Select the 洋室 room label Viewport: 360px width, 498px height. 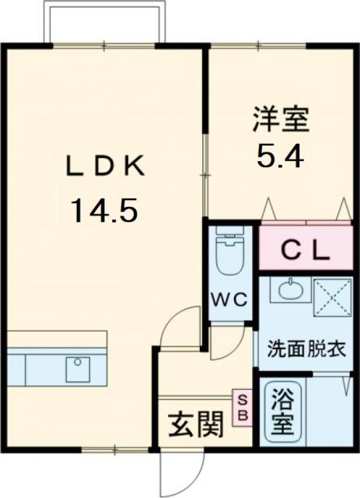(x=281, y=121)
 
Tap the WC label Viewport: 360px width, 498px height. (x=230, y=300)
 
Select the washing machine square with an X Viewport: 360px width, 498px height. (x=332, y=296)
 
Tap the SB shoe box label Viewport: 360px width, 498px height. (x=242, y=407)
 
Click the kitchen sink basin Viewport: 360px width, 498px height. (x=79, y=369)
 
